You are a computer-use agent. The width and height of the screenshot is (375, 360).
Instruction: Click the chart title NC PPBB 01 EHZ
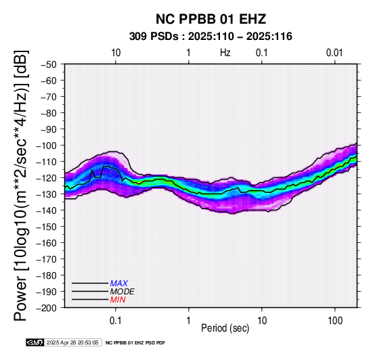coord(211,19)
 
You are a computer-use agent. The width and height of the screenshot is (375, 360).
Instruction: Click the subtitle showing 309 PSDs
coord(211,37)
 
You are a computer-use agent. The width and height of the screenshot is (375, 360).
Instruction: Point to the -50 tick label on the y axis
coord(49,64)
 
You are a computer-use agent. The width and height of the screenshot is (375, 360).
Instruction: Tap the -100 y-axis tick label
coord(47,145)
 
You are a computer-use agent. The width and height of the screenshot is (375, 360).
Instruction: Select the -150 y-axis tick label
coord(47,227)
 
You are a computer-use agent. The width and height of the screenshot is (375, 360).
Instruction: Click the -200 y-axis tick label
coord(47,308)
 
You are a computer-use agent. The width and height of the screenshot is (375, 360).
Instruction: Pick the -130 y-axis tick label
coord(47,194)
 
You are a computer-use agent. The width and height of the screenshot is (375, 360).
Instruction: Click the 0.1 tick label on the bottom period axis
coord(116,321)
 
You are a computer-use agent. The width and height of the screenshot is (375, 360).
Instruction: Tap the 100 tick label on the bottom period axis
coord(335,321)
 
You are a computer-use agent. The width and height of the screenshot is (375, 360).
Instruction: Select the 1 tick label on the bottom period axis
coord(189,321)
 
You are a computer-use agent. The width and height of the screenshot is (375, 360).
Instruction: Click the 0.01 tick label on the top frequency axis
coord(334,53)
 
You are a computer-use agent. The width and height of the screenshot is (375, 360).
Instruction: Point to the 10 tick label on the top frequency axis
coord(116,53)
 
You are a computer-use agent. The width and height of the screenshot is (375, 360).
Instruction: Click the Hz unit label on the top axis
coord(225,53)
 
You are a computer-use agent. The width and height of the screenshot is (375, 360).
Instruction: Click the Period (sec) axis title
coord(225,328)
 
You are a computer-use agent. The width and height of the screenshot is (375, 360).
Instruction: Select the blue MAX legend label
coord(119,284)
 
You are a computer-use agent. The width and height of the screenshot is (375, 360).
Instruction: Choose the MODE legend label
coord(123,292)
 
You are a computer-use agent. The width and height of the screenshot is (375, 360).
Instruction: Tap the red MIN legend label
coord(118,300)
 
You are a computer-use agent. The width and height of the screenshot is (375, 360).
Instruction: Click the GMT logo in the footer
coord(35,342)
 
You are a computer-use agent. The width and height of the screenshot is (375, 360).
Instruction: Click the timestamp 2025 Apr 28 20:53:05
coord(72,342)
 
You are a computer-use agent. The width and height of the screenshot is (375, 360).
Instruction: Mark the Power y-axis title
coord(20,185)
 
